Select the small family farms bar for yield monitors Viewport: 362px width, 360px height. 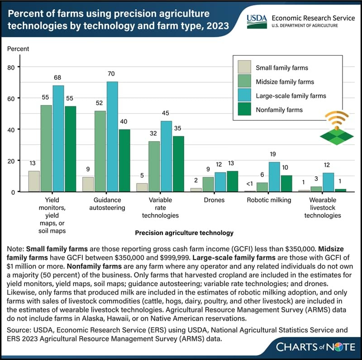(x=34, y=181)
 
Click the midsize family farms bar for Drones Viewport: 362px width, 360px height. (x=208, y=184)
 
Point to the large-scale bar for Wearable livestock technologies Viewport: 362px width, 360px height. (x=328, y=182)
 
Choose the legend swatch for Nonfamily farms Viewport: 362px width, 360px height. (x=244, y=109)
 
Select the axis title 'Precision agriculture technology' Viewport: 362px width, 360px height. (x=184, y=233)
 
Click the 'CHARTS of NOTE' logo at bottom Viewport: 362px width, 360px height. (x=312, y=347)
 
